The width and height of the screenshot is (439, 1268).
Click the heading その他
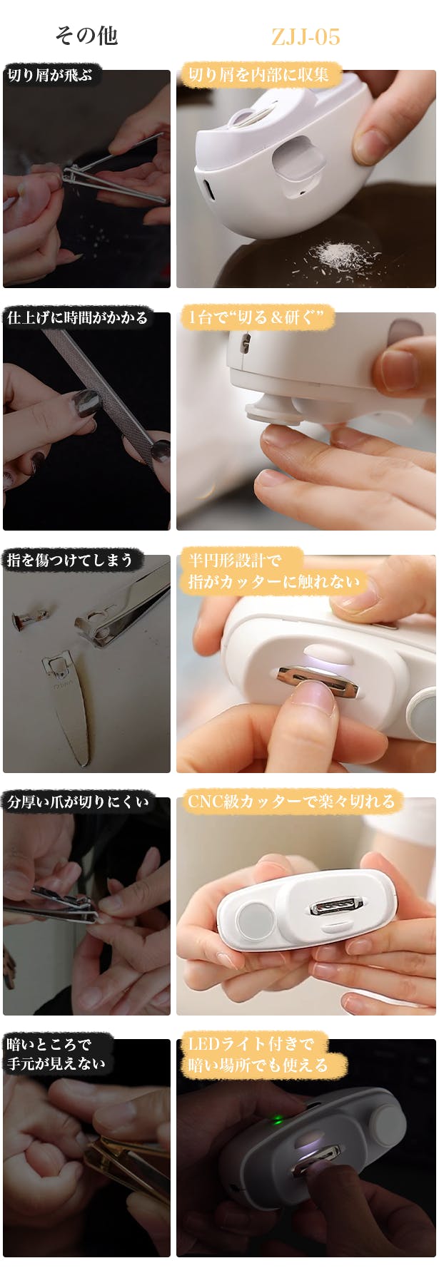point(86,36)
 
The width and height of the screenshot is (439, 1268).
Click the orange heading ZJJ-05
point(306,36)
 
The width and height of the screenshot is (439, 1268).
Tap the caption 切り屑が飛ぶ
point(50,75)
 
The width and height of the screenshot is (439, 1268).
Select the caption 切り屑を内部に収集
point(258,74)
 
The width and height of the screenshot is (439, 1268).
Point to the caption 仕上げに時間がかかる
point(77,317)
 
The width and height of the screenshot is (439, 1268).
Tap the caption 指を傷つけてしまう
point(70,560)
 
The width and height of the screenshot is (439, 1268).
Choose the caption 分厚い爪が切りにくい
point(79,802)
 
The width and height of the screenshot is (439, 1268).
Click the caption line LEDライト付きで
point(251,1044)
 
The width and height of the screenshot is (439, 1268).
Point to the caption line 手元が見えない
point(56,1064)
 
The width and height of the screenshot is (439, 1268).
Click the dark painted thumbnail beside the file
point(85,404)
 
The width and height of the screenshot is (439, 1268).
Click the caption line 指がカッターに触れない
point(275,582)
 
